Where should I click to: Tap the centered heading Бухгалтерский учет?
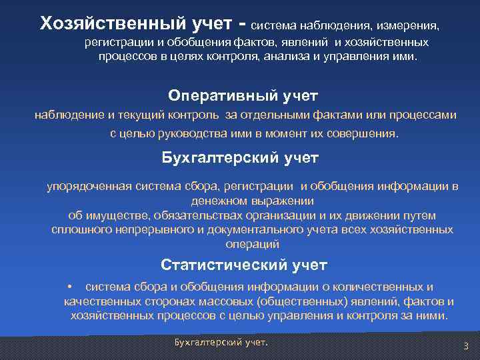coord(241,158)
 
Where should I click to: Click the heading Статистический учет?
coord(244,265)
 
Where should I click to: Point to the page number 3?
coord(466,345)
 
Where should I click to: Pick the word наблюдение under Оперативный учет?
coord(68,115)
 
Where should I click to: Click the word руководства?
coord(187,133)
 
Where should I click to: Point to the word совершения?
coord(367,133)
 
